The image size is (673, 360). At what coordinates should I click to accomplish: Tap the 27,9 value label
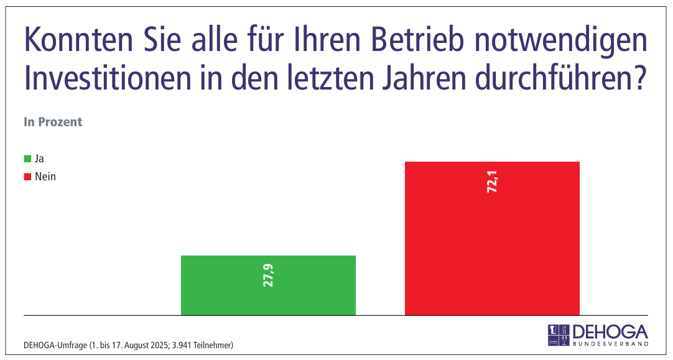[x=269, y=275]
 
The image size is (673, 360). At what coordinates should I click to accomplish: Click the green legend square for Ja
[x=27, y=159]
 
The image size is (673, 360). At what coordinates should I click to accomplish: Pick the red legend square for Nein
[x=27, y=177]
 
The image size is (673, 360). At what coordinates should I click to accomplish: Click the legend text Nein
[x=45, y=177]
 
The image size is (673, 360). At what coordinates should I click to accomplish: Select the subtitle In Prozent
[x=53, y=122]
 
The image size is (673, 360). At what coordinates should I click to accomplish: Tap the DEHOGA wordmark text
[x=610, y=331]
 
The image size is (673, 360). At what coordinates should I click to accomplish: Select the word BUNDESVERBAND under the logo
[x=610, y=343]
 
